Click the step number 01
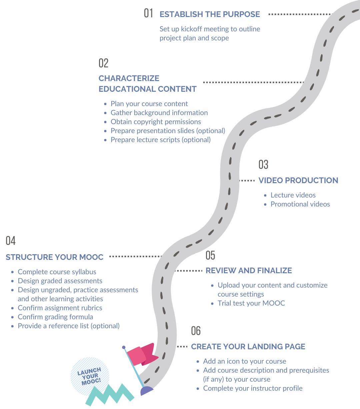148,13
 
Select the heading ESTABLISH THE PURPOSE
210,14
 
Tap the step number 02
104,63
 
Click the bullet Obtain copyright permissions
156,122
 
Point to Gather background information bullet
159,113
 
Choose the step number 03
263,164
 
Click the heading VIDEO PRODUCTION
298,180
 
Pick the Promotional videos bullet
300,204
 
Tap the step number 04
11,241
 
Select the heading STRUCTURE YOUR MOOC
54,257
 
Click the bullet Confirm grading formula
55,317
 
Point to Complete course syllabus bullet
57,272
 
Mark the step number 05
210,255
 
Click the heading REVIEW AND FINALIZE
249,271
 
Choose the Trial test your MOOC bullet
251,303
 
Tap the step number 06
196,331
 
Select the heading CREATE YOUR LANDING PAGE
248,347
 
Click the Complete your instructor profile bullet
253,388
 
